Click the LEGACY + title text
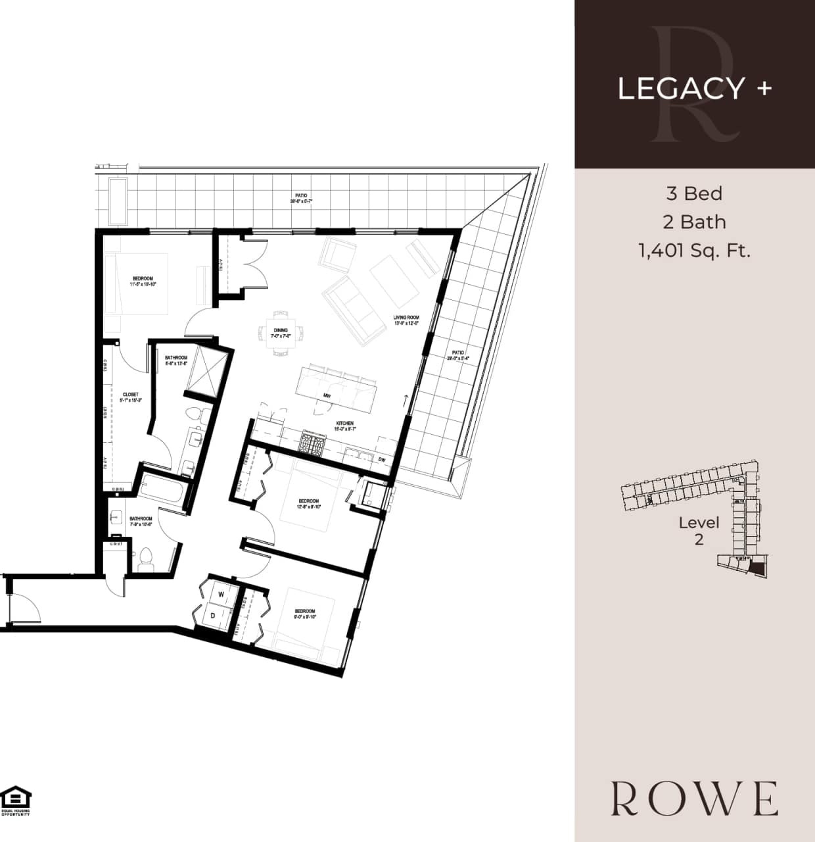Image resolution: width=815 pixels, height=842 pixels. [694, 88]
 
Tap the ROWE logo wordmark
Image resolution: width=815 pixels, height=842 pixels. [694, 799]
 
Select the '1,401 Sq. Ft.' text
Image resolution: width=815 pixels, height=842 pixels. [694, 251]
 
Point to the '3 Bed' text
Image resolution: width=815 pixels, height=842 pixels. [694, 193]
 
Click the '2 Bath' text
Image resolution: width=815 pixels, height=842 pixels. [694, 222]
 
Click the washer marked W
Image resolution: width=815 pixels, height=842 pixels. [221, 595]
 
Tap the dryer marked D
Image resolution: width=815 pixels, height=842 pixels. [214, 616]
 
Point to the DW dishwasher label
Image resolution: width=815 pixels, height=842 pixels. [381, 460]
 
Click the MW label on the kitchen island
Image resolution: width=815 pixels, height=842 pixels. [326, 395]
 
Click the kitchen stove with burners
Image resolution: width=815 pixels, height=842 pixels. [313, 442]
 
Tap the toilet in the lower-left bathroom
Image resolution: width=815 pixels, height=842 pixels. [146, 559]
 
